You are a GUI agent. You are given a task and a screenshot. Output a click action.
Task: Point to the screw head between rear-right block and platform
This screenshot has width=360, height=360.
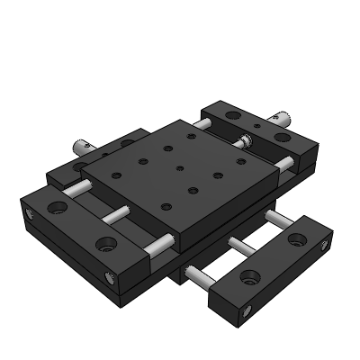tap(244, 140)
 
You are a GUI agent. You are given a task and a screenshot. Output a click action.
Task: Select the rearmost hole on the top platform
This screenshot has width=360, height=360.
tap(190, 135)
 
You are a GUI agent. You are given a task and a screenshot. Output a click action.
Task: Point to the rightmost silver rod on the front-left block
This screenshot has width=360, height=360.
tap(161, 243)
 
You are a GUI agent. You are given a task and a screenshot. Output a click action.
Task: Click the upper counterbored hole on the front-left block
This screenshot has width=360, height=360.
tap(59, 208)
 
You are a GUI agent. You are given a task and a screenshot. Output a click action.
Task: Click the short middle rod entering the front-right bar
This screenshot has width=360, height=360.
tap(242, 243)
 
